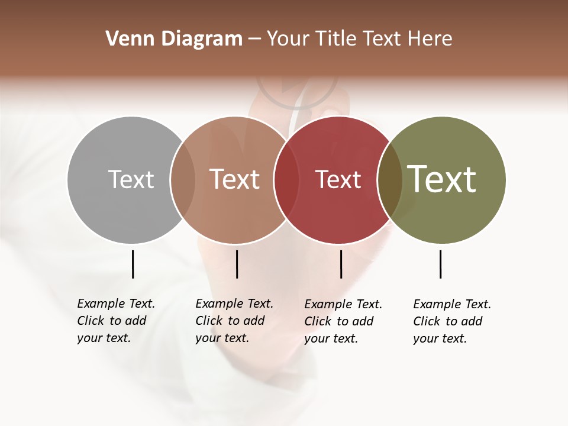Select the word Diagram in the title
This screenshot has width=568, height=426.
(202, 38)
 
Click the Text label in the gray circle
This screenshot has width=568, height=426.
(131, 179)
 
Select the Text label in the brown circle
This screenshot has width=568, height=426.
(235, 179)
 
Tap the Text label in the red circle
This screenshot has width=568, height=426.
(338, 179)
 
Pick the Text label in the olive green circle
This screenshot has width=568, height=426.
(442, 179)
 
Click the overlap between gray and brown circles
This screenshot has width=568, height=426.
(183, 180)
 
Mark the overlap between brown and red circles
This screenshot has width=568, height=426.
(286, 180)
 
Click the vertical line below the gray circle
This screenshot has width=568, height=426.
(133, 264)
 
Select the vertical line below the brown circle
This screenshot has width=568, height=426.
(237, 264)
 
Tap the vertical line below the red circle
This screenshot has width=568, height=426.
(341, 264)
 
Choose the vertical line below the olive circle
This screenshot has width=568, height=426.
(440, 264)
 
